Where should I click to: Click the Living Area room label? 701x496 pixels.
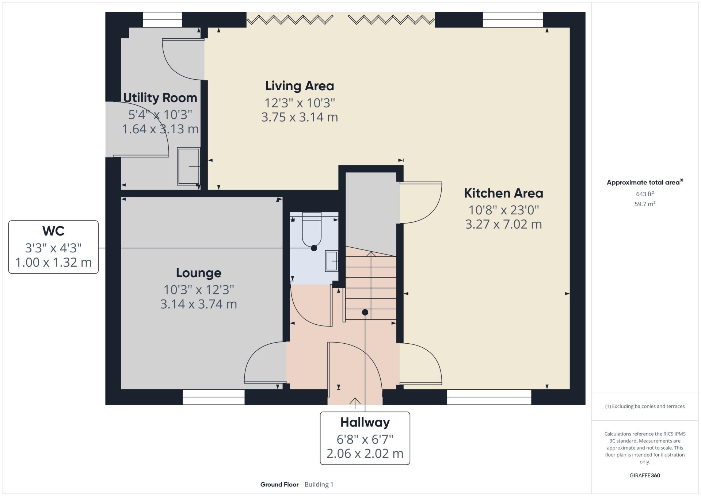pyautogui.click(x=299, y=86)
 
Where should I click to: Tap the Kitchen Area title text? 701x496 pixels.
pyautogui.click(x=503, y=193)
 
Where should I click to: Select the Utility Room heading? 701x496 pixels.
pyautogui.click(x=160, y=98)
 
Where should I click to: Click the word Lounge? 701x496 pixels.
pyautogui.click(x=198, y=273)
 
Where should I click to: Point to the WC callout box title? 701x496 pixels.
pyautogui.click(x=53, y=231)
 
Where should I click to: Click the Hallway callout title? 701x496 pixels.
pyautogui.click(x=365, y=422)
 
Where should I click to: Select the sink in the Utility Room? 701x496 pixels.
pyautogui.click(x=188, y=166)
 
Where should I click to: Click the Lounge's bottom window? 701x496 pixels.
pyautogui.click(x=213, y=397)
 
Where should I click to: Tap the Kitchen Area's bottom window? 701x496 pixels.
pyautogui.click(x=489, y=397)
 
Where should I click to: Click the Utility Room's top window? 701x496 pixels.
pyautogui.click(x=162, y=20)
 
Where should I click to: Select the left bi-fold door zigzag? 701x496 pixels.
pyautogui.click(x=290, y=20)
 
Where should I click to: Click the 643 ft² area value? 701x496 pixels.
pyautogui.click(x=644, y=194)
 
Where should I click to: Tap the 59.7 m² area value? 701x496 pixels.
pyautogui.click(x=644, y=204)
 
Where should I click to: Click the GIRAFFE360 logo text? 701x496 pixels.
pyautogui.click(x=645, y=476)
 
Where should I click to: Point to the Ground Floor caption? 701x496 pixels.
pyautogui.click(x=279, y=485)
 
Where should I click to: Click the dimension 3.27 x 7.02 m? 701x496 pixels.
pyautogui.click(x=503, y=224)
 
